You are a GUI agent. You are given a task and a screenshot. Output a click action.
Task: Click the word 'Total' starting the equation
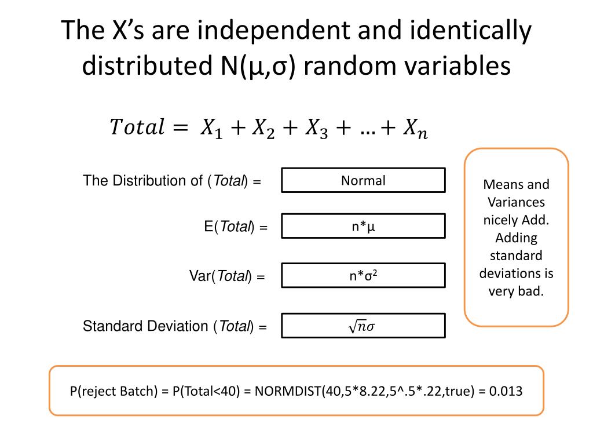(137, 126)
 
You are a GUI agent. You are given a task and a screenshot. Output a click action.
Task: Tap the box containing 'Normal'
(363, 180)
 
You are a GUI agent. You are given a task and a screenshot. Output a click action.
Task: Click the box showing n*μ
(363, 226)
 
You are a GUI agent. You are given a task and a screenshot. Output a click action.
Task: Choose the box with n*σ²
(363, 276)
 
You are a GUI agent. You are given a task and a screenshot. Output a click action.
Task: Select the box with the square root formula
(363, 326)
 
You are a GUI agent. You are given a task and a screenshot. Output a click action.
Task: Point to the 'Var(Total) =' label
(227, 277)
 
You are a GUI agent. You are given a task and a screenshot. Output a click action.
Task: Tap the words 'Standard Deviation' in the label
(145, 326)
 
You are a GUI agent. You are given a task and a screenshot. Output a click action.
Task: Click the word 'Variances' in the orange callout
(516, 202)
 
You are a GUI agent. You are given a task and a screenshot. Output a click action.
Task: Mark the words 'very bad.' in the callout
(516, 291)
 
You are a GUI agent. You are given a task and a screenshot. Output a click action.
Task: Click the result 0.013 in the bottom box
(506, 391)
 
